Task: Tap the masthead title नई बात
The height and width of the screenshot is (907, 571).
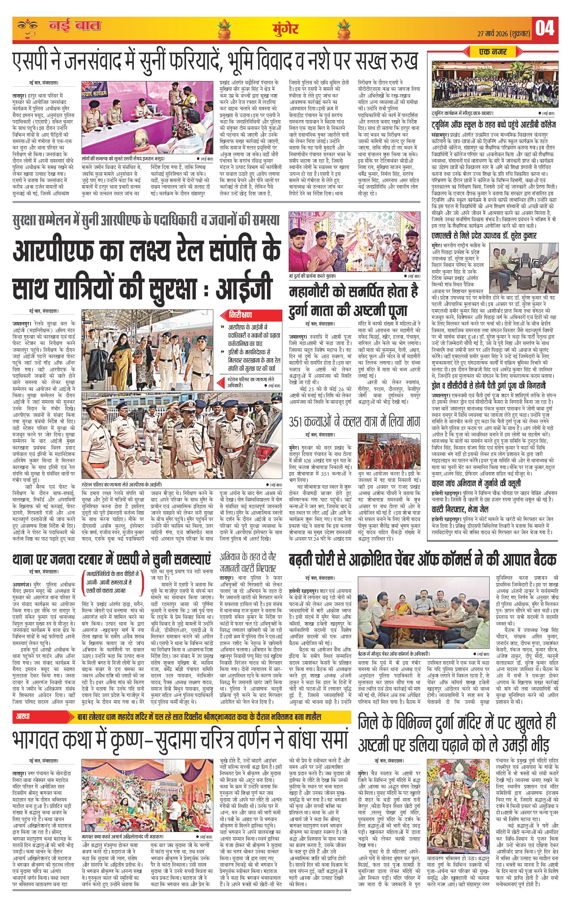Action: pos(75,26)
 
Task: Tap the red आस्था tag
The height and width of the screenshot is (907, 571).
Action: pos(23,716)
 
